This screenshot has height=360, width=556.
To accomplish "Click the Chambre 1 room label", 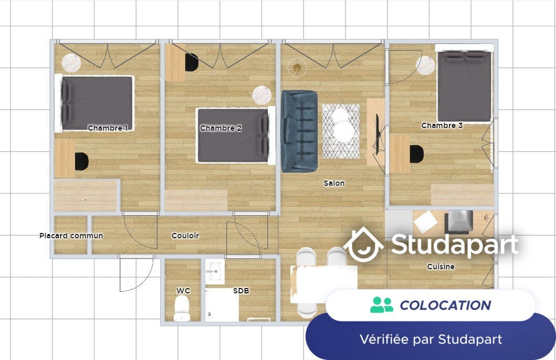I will point(108,128).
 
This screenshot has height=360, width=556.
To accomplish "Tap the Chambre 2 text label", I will point(221,128).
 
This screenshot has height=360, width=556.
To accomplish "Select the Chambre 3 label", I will point(442,125).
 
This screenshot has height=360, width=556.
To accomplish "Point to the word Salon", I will point(334,183).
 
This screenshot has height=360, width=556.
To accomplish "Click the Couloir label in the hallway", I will point(185,236).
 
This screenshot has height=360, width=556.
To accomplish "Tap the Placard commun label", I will point(71,236).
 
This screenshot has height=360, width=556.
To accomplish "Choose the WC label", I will point(183,291).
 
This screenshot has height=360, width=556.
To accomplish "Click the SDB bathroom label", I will point(242,291).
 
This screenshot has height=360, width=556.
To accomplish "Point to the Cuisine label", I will point(440,267).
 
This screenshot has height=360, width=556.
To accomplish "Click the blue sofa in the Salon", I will point(299,131).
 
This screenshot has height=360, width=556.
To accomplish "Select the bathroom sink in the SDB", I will point(214,272).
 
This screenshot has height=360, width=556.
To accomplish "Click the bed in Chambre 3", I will point(464,87).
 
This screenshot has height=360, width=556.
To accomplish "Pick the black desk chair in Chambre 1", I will point(81,161).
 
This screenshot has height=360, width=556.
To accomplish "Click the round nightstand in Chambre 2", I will point(261,96).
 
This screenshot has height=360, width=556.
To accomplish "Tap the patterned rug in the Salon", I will point(341,131).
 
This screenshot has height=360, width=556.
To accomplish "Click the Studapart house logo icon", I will point(363,245).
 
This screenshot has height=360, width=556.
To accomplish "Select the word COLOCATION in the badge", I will point(445,305).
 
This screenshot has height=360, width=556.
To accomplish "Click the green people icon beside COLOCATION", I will point(382,305).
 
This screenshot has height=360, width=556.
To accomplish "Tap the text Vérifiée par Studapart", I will point(431,339).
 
